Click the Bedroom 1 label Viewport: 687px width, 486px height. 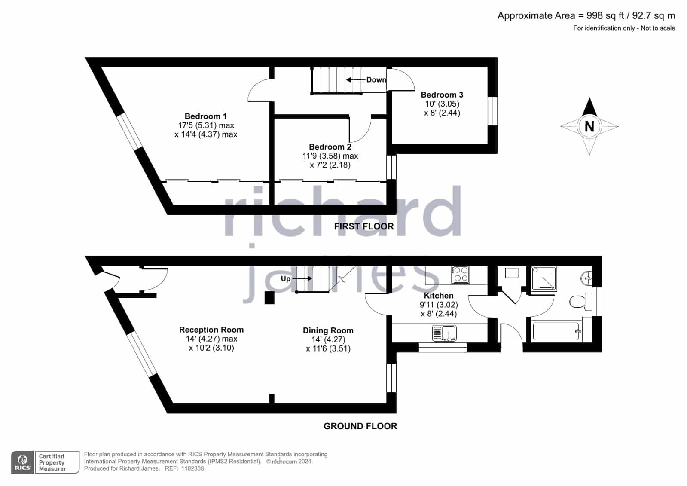205,116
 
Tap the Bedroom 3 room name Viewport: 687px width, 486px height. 442,95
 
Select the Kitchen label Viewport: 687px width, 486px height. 439,296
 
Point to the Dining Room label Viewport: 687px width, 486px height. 328,330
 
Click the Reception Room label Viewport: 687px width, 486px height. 211,330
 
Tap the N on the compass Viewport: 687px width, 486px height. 589,126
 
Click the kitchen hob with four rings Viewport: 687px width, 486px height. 460,274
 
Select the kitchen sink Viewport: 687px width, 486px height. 444,333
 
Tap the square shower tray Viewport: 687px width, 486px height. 544,278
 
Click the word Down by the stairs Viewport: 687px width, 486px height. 376,80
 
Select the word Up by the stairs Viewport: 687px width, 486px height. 286,278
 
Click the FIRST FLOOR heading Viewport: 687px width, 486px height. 364,226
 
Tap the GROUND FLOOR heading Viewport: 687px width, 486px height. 360,426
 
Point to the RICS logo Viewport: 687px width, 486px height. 23,462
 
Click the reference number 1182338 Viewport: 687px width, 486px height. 192,468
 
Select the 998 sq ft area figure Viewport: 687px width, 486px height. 605,15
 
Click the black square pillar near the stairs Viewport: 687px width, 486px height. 269,298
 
